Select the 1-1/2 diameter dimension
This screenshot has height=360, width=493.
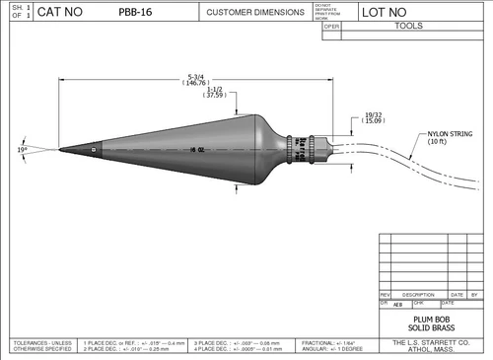click(214, 94)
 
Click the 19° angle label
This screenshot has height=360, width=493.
click(23, 150)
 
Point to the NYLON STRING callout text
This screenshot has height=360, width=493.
click(447, 136)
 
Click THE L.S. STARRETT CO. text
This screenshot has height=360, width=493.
click(432, 342)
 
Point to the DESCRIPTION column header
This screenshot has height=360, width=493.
click(418, 294)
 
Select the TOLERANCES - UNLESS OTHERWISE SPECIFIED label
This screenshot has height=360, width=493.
click(39, 345)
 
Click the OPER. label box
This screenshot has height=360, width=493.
click(331, 27)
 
